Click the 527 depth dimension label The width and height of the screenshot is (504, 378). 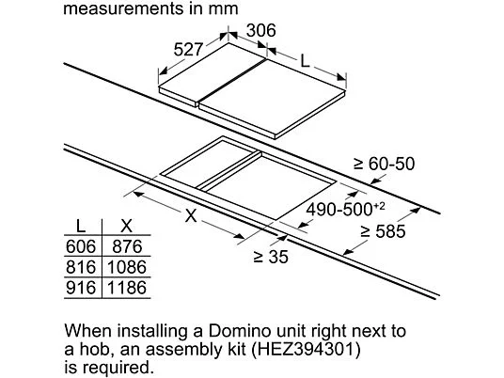pos(188,50)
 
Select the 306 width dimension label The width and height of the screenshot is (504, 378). pos(261,30)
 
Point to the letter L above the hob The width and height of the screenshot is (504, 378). pos(305,61)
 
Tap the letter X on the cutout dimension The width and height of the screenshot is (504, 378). pos(191,215)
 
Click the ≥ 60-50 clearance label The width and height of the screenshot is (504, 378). pos(384,164)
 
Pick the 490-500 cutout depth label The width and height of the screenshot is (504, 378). pos(345,210)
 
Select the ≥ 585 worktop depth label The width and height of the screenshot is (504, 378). pos(383,231)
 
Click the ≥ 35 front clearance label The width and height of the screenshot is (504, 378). pos(271,257)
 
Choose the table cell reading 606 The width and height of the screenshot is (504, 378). pos(81,246)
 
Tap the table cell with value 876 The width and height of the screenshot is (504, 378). pos(127,246)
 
